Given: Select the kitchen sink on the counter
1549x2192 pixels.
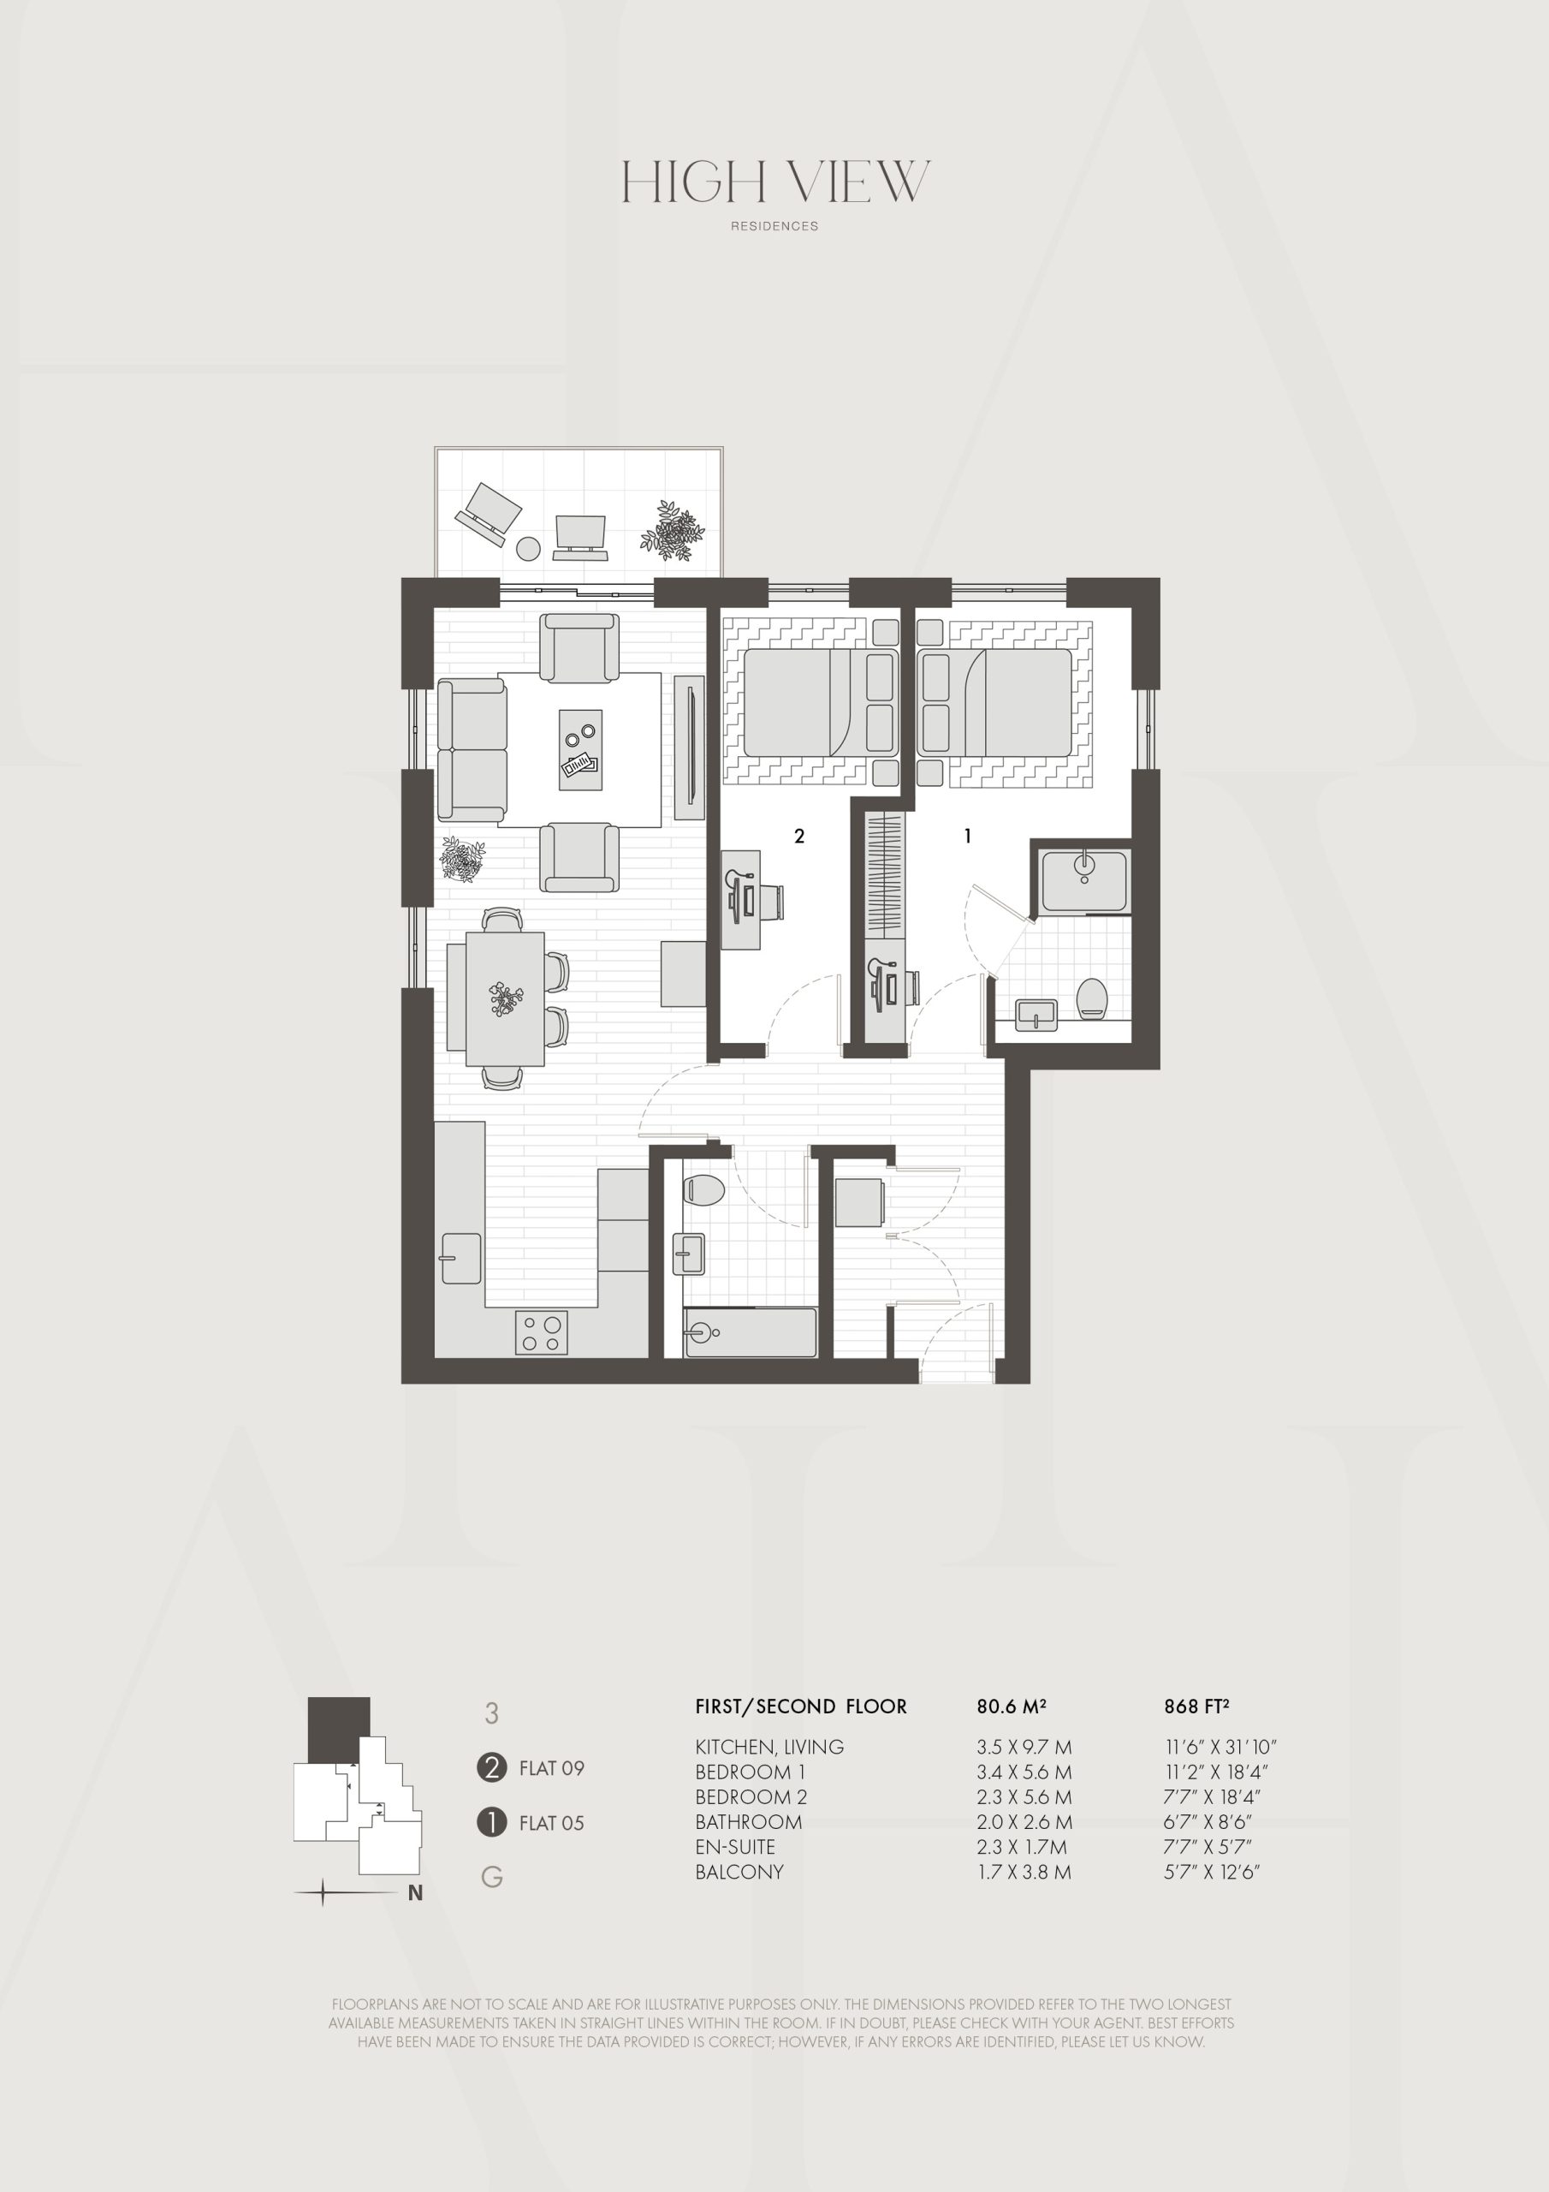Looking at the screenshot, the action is point(461,1259).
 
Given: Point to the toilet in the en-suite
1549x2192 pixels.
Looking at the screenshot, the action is point(1091,998).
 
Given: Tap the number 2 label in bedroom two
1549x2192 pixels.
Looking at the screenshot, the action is point(800,837).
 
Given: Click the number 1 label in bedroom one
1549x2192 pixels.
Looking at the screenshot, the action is point(968,836).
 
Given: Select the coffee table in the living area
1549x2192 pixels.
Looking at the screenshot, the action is point(580,749).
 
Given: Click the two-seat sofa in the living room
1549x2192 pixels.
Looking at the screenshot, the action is point(472,749).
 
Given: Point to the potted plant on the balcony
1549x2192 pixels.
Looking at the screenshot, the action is point(673,529).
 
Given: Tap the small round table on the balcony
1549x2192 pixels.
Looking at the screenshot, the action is point(528,548).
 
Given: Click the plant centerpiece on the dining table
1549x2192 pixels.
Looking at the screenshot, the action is point(505,998).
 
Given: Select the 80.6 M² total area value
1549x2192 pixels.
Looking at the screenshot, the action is point(1011,1706).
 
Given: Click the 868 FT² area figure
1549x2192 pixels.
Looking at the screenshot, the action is point(1196,1706).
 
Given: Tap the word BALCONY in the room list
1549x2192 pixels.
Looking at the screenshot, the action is point(739,1872).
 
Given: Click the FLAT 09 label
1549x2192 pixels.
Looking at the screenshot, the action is point(552,1768).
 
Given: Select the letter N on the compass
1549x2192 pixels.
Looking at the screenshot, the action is point(415,1893).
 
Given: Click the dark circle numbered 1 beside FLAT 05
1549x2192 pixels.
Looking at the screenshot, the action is point(491,1823).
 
